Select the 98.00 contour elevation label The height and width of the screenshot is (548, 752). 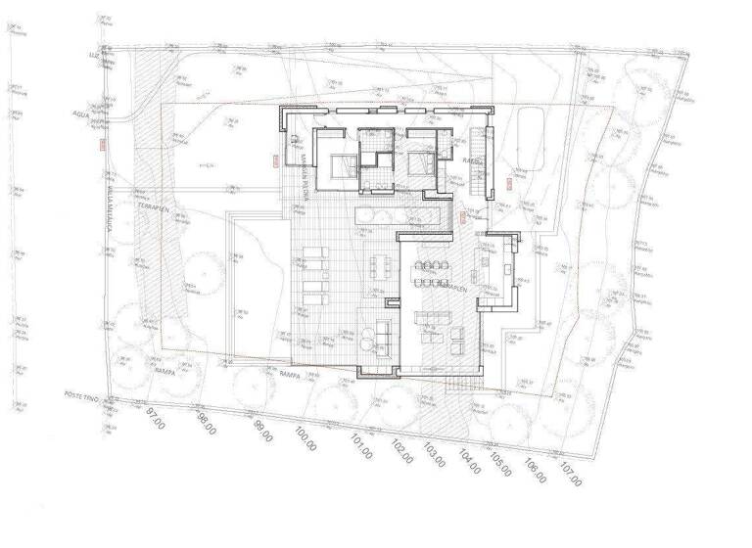click(206, 427)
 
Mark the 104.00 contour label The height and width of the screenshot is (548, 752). click(469, 463)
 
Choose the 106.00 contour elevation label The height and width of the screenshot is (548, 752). click(535, 474)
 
